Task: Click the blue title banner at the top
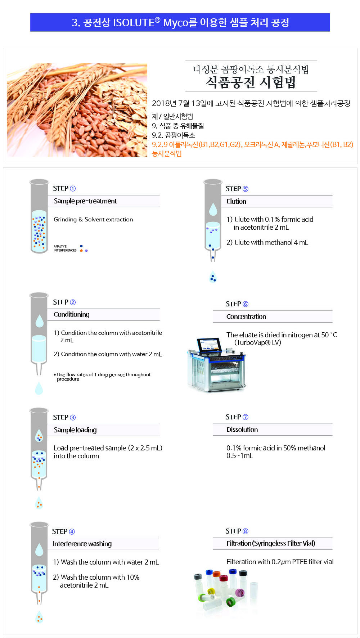(180, 22)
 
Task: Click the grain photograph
(77, 110)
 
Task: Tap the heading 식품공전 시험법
(251, 82)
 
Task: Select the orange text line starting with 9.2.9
(252, 145)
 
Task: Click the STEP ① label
(64, 189)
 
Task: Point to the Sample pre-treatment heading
(85, 201)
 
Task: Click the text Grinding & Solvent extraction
(93, 219)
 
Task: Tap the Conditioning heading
(72, 314)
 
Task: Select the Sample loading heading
(75, 430)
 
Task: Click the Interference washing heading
(82, 544)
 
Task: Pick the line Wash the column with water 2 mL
(106, 562)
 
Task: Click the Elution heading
(236, 201)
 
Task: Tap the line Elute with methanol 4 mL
(267, 242)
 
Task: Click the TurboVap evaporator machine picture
(216, 364)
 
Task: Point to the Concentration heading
(246, 316)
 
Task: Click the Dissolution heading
(242, 430)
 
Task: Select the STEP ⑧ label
(237, 531)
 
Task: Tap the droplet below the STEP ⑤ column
(213, 277)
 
